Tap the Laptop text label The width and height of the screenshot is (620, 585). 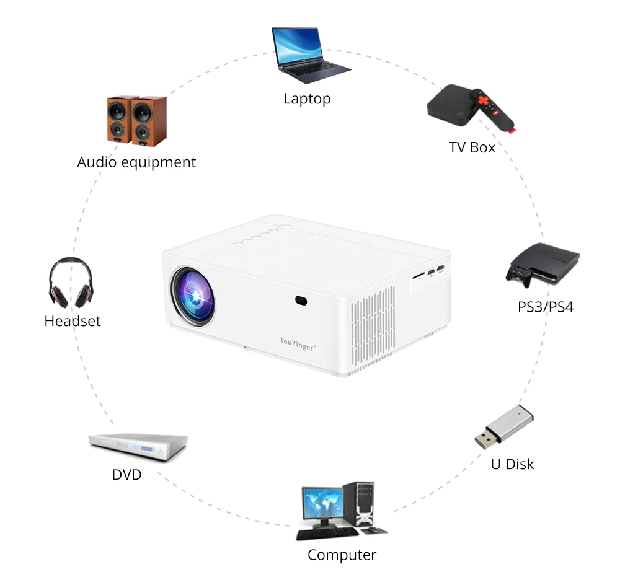307,99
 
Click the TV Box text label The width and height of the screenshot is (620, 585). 472,147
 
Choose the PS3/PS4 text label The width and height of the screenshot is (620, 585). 546,306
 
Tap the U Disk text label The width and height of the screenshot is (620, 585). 512,464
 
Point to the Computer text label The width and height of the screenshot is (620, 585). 342,555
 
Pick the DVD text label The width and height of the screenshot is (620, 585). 126,475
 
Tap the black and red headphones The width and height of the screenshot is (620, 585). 70,284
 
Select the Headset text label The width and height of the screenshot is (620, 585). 72,321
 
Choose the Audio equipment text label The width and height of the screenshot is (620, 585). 136,162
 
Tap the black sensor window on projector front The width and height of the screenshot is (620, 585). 301,301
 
